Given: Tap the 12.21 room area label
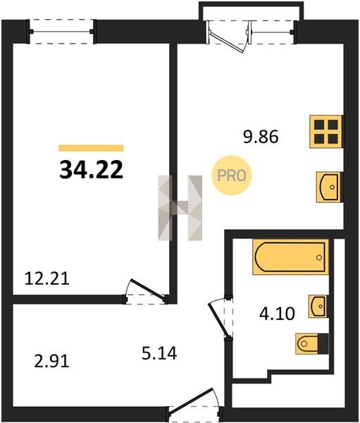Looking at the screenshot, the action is tap(47, 278).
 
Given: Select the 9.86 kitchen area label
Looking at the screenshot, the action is tap(261, 137).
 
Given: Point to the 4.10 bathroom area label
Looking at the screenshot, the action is tap(277, 314).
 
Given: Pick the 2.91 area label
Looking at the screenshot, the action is tap(51, 361).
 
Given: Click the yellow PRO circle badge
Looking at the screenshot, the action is tap(231, 176).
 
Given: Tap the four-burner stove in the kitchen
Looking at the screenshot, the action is tap(326, 132).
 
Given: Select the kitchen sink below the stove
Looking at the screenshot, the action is tap(328, 187).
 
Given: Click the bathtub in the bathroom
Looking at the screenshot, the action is tap(291, 257).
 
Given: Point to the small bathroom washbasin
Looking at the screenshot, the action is tap(318, 306).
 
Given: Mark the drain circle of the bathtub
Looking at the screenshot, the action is tap(319, 257).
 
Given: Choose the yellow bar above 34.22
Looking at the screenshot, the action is tap(91, 148).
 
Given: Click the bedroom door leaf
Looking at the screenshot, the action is tap(147, 289).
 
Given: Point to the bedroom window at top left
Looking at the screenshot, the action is tap(61, 32).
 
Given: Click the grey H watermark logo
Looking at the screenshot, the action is tap(180, 208).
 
